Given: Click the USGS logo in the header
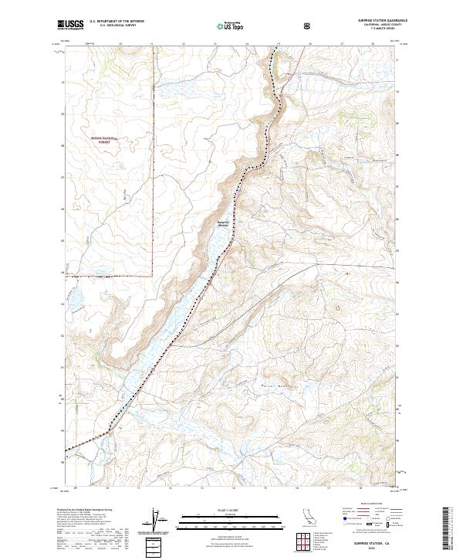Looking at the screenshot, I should point(70,25).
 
